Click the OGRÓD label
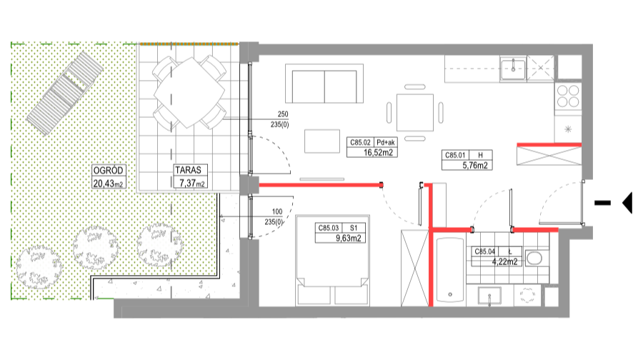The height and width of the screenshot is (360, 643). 109,171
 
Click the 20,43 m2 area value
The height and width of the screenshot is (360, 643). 108,184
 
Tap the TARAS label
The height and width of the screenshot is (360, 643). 189,171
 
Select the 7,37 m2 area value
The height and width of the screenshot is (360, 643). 191,184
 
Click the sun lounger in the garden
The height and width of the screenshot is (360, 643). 64,93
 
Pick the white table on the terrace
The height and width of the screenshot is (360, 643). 189,93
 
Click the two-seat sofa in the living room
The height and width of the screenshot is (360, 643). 324,85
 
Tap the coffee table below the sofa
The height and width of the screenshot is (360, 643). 322,141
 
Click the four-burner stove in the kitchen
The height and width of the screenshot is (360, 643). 568,96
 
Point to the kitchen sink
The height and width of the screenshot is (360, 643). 513,69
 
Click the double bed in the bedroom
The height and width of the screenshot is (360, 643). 333,257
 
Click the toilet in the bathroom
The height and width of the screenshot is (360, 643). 534,257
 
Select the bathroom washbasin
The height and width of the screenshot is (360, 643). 489,295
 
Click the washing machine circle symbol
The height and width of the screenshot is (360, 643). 527,295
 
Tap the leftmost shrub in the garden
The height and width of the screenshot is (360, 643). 39,267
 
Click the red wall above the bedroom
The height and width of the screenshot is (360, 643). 319,185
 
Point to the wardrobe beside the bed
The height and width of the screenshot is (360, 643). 414,267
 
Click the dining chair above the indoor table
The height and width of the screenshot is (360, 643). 415,87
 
